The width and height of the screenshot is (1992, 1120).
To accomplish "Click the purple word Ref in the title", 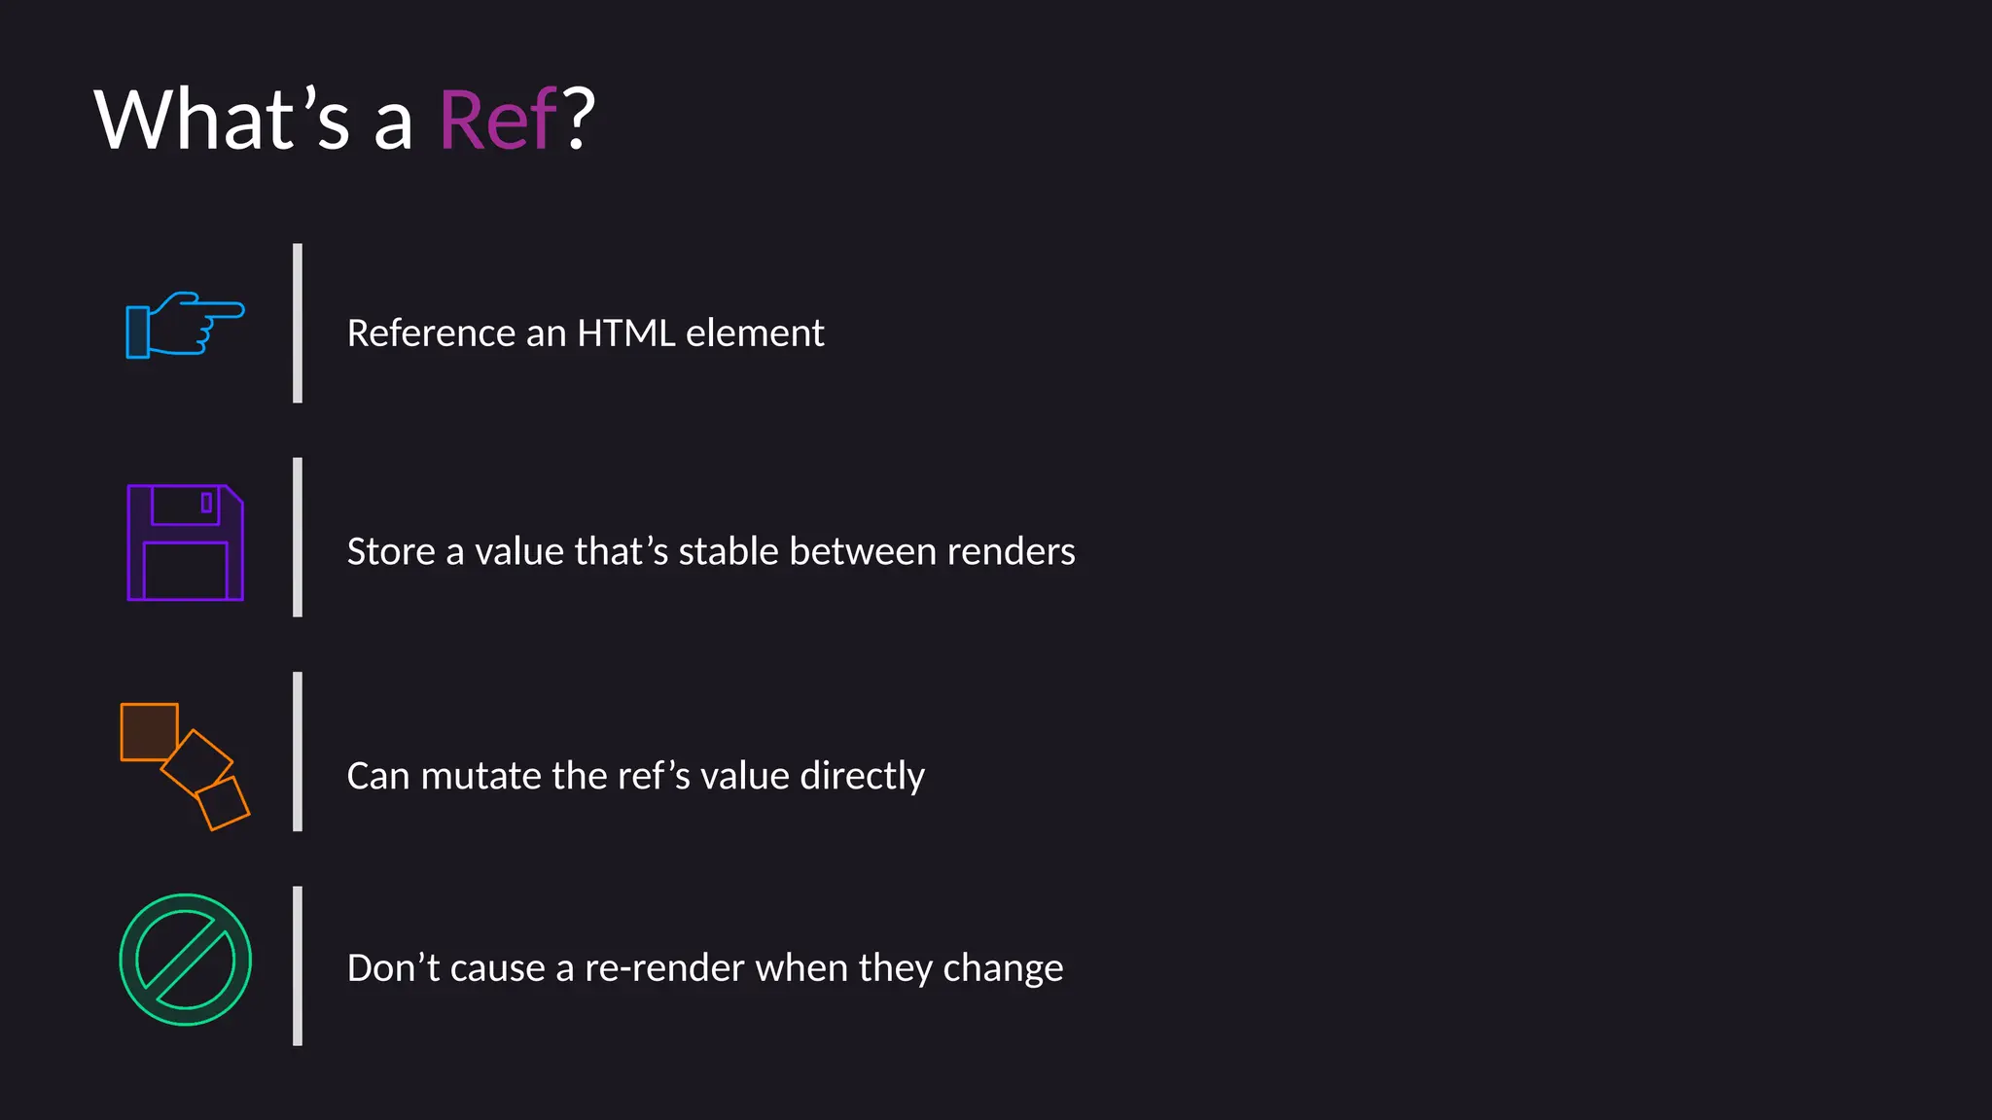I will point(498,121).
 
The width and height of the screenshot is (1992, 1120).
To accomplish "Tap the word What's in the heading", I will point(221,121).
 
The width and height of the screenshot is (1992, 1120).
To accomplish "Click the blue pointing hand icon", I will point(185,325).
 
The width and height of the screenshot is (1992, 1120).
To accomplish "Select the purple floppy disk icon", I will point(185,542).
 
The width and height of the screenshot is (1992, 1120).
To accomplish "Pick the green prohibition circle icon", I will point(185,960).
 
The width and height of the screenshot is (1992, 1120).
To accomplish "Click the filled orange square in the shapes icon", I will point(149,731).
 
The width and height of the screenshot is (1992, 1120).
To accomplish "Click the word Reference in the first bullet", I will point(431,333).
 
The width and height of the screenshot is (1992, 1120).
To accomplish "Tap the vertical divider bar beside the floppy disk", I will point(298,537).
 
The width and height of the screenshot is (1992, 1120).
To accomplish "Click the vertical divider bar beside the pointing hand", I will point(298,323).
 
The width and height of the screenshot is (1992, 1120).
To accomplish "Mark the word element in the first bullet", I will point(755,333).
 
